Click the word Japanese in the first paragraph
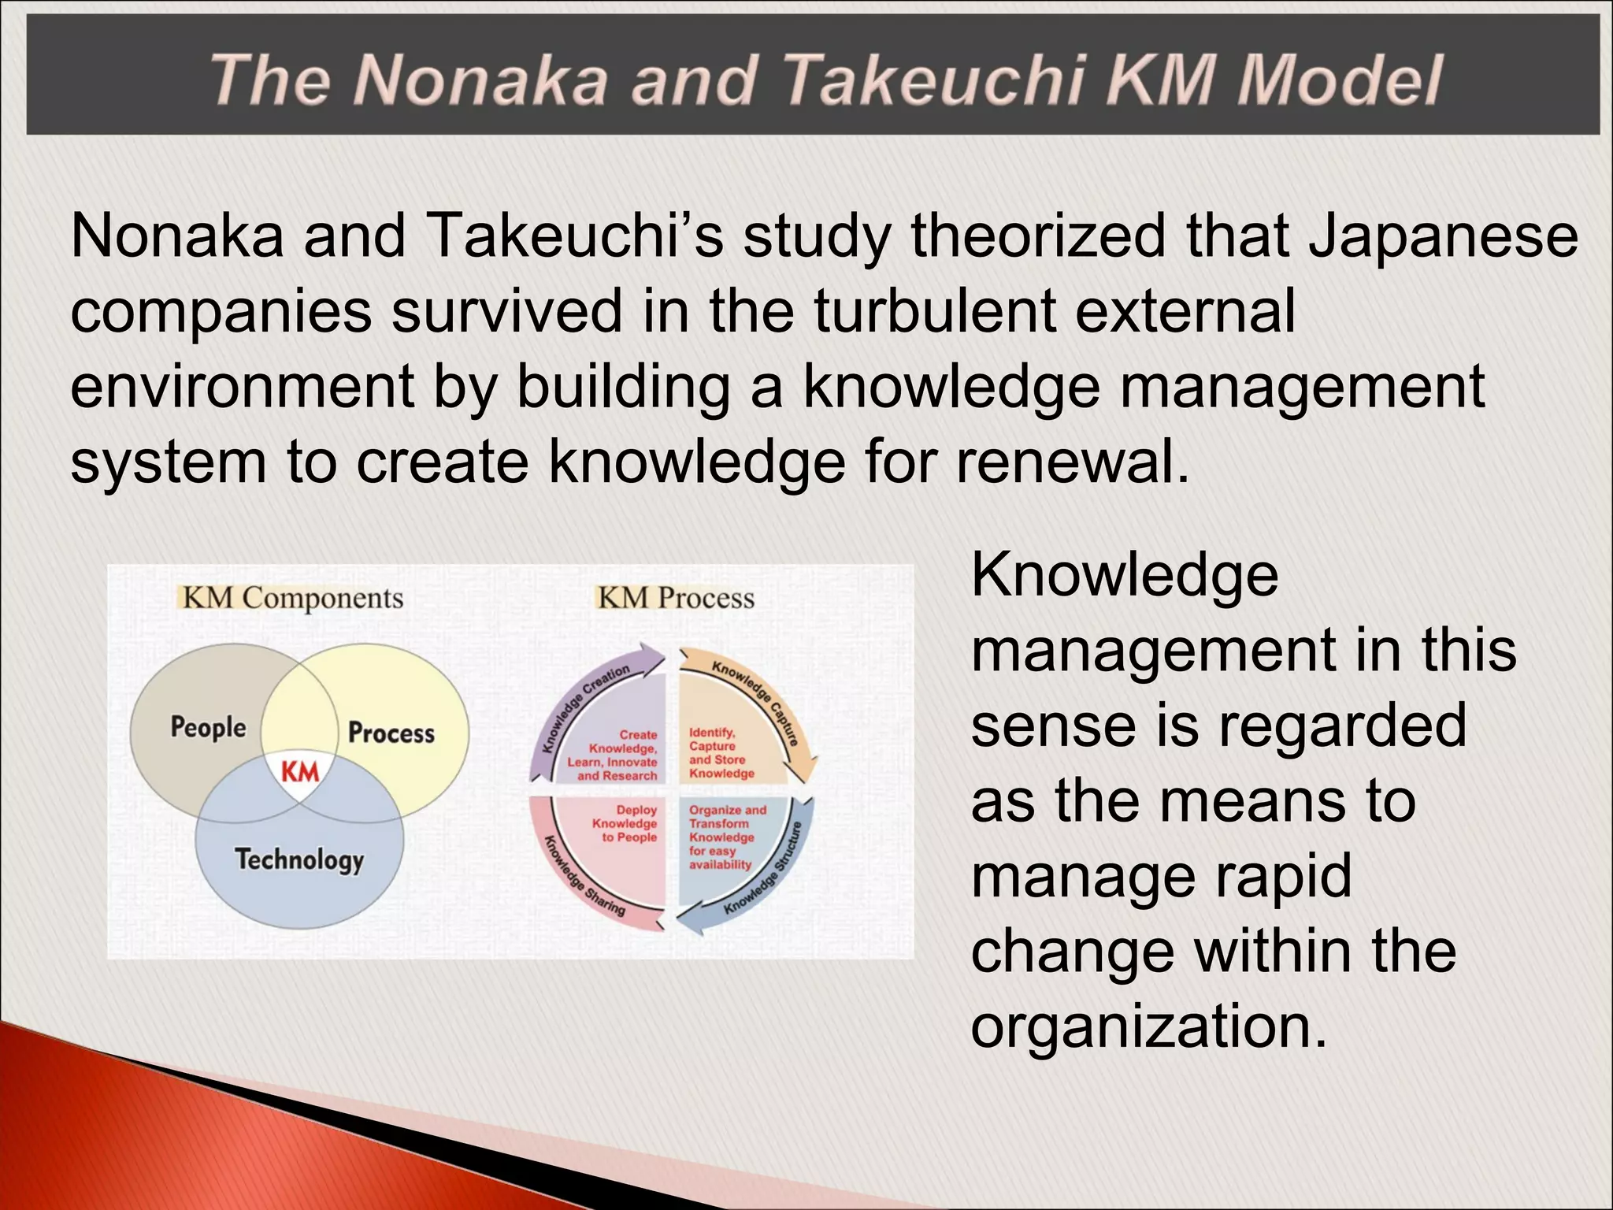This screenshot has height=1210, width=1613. [x=1443, y=236]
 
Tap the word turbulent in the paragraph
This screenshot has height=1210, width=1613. [x=934, y=310]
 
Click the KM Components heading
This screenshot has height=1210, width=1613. [x=292, y=598]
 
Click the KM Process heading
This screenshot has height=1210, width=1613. [x=676, y=598]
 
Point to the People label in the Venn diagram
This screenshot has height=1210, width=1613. [x=208, y=726]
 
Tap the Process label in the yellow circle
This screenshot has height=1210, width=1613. [x=391, y=733]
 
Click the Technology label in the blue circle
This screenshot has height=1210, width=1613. [x=299, y=859]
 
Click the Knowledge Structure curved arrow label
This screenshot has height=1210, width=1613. [x=764, y=870]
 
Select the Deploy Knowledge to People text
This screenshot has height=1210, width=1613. [x=625, y=823]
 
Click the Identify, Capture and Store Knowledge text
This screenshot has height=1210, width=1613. [x=720, y=753]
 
